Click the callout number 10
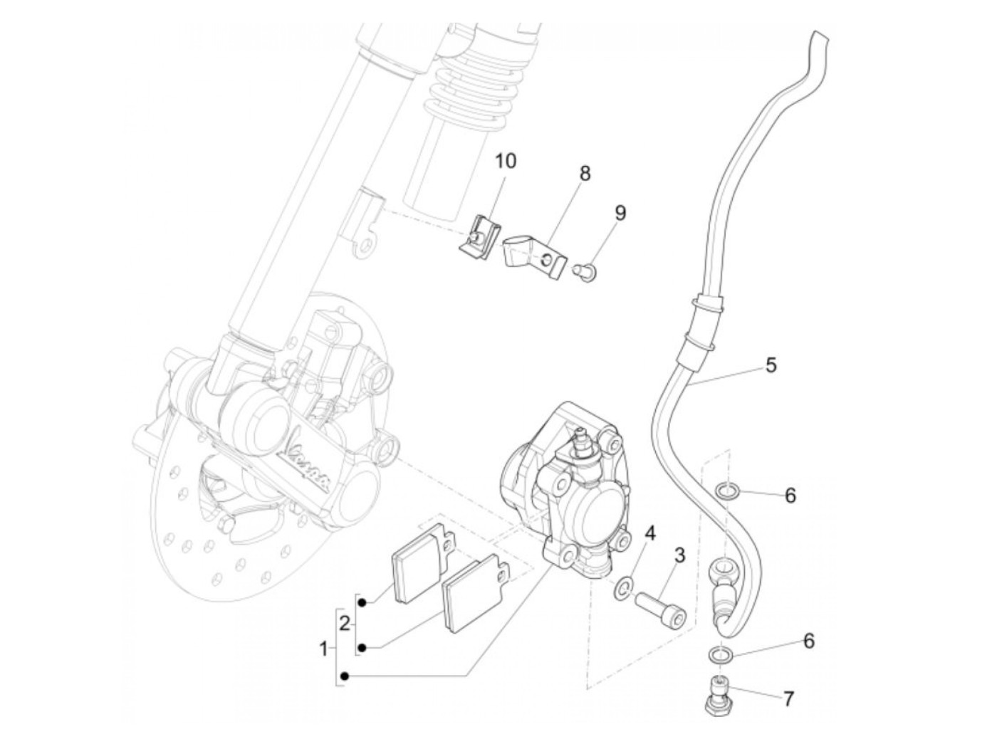(506, 162)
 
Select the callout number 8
(585, 173)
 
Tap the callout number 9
(620, 212)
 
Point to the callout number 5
(771, 365)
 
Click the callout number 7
(788, 699)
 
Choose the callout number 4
(649, 533)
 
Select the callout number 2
(345, 624)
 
